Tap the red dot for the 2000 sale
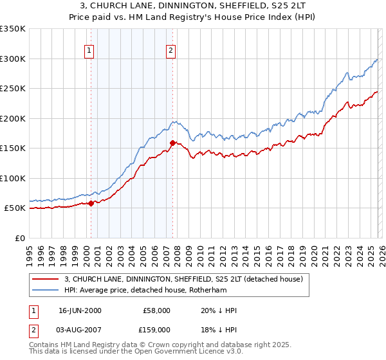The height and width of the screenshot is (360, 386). point(91,203)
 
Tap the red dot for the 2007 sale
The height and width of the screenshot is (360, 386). point(172,143)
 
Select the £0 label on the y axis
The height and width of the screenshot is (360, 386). point(21,238)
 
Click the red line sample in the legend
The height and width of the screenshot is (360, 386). point(46,279)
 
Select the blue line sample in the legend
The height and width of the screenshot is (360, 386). point(46,290)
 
